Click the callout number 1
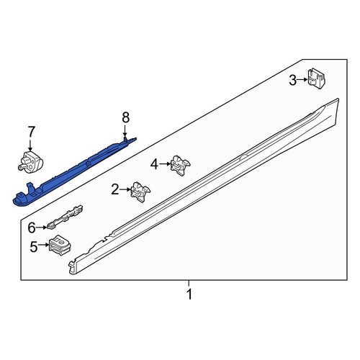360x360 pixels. click(189, 294)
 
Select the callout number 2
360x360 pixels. click(115, 189)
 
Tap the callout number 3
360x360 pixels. click(293, 80)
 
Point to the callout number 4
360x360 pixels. click(154, 164)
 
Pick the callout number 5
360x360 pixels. click(34, 246)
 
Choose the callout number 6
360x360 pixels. click(32, 228)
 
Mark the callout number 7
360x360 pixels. click(32, 132)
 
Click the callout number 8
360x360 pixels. click(125, 117)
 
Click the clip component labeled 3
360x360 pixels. click(317, 78)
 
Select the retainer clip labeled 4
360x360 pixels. click(180, 166)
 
